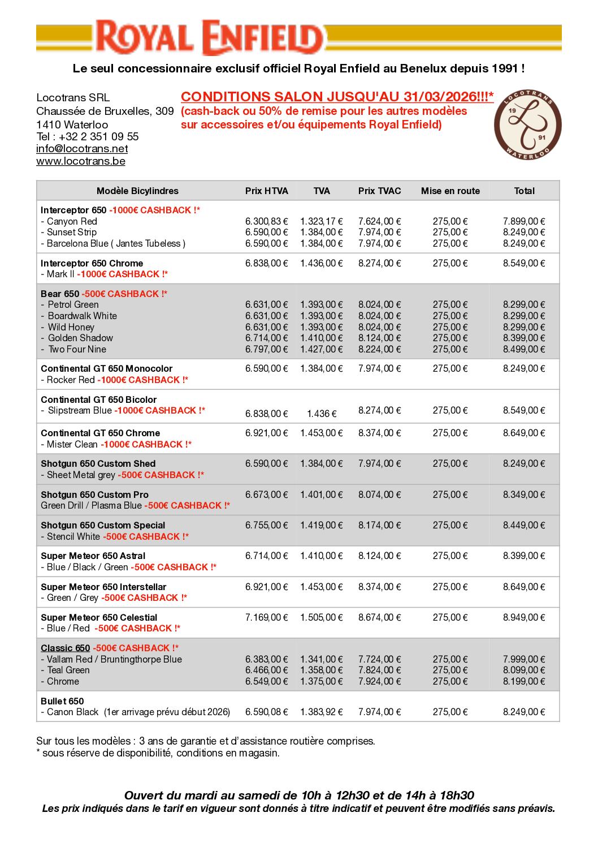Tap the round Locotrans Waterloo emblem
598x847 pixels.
527,124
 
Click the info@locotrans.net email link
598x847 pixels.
82,149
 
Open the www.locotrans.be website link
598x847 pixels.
81,161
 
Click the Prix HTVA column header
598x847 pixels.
266,191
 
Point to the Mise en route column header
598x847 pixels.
450,191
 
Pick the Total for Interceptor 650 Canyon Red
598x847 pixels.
524,222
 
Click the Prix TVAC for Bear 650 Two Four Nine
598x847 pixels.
379,350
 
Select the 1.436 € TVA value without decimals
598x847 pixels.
322,414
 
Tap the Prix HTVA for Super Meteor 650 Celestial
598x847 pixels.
266,617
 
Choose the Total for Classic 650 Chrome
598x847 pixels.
524,682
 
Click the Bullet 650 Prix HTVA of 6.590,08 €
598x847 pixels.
266,712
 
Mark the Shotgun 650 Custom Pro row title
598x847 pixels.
94,495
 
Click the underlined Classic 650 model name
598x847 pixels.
65,648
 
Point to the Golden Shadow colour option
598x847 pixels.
80,338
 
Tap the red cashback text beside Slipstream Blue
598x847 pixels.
159,411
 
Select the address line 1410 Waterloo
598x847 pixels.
72,124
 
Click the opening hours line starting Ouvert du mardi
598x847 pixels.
299,796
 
